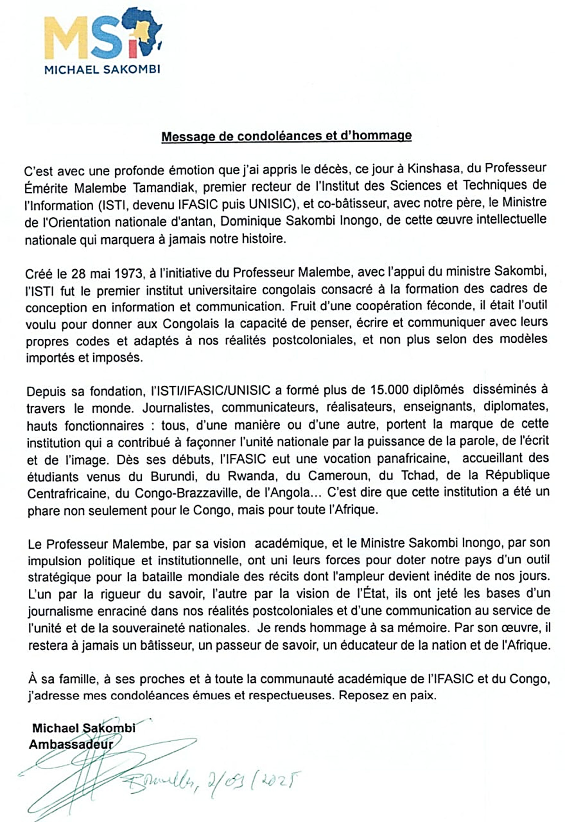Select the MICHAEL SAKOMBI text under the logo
click(x=102, y=69)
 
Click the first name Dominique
click(x=251, y=221)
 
